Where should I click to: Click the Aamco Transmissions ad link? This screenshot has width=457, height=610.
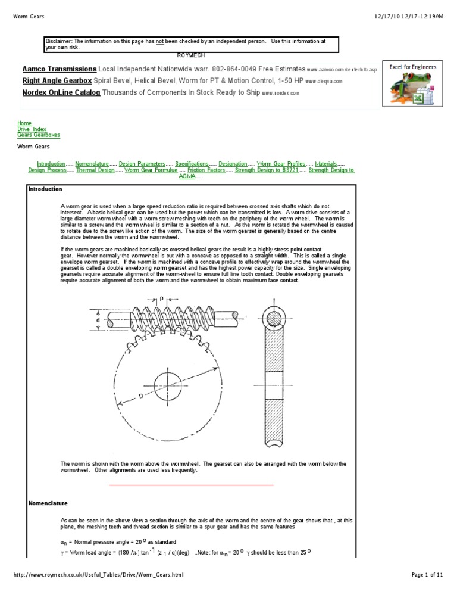[x=60, y=69]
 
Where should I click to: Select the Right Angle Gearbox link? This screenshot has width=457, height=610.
[x=57, y=80]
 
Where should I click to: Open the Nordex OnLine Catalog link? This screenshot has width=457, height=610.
[x=61, y=92]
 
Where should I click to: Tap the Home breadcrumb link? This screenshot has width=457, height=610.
[x=24, y=123]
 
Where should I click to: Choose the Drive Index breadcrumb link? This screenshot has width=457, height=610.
[x=32, y=129]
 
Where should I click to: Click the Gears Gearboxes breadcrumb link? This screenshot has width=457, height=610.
[x=39, y=135]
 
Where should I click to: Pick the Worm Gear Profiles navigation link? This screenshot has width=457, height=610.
[x=281, y=163]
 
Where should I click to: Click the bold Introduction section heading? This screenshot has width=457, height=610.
[x=45, y=189]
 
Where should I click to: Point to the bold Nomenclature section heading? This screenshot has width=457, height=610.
[x=48, y=503]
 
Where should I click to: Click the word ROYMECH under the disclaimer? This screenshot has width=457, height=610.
[x=190, y=54]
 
